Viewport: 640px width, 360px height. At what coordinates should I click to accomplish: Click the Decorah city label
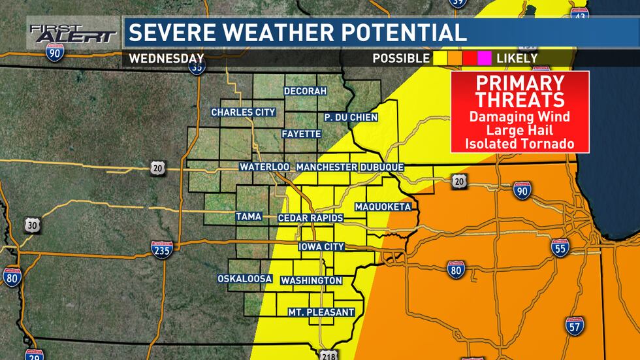(305, 91)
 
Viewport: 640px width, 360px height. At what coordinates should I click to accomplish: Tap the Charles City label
(243, 112)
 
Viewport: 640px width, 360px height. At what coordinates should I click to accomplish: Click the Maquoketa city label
(383, 207)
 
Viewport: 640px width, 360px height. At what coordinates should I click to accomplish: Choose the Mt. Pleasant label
(321, 312)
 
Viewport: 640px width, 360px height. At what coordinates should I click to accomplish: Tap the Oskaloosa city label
(245, 279)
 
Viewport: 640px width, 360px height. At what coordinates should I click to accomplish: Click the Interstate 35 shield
(199, 66)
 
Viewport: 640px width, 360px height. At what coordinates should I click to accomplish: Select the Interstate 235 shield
(161, 250)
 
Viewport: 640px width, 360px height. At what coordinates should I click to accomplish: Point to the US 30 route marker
(33, 225)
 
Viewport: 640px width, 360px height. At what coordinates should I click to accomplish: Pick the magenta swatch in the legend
(484, 58)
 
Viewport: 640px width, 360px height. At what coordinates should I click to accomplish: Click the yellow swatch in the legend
(439, 58)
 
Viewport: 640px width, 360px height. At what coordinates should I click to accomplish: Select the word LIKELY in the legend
(517, 58)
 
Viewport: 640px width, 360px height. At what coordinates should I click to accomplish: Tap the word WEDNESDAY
(167, 58)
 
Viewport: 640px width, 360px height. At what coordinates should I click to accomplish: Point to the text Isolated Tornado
(520, 143)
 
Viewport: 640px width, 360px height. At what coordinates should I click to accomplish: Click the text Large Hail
(520, 130)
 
